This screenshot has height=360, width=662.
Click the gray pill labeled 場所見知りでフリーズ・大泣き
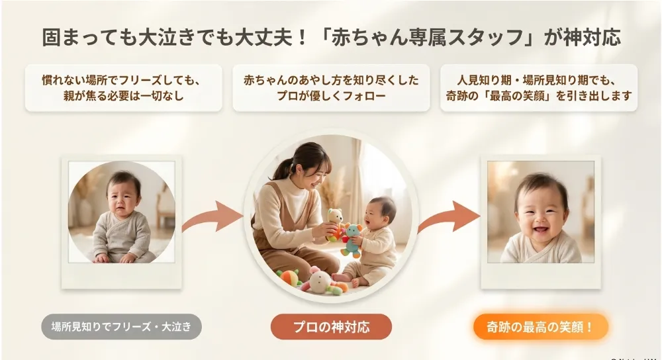pyautogui.click(x=121, y=327)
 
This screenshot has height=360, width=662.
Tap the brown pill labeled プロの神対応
pyautogui.click(x=331, y=327)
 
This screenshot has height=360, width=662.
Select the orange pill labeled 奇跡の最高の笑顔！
pyautogui.click(x=540, y=327)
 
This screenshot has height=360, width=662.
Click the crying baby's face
pyautogui.click(x=123, y=195)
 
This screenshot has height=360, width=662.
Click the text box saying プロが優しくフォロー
pyautogui.click(x=331, y=88)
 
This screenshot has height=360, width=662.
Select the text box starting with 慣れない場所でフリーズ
pyautogui.click(x=123, y=88)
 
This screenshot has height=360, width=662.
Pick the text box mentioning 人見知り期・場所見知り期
pyautogui.click(x=539, y=88)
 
